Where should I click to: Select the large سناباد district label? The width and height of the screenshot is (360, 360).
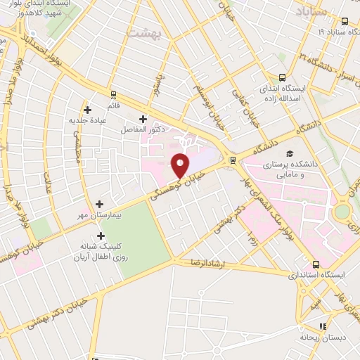[x=311, y=12]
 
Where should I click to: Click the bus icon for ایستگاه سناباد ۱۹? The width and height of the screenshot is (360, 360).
[x=345, y=21]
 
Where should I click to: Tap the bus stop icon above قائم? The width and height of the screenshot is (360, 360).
[x=112, y=94]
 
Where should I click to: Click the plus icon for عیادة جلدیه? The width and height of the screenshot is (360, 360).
[x=87, y=109]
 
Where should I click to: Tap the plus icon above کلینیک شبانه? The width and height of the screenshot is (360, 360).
[x=101, y=236]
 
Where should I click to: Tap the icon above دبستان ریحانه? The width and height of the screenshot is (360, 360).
[x=323, y=326]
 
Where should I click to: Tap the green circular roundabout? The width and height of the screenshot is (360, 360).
[x=342, y=211]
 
